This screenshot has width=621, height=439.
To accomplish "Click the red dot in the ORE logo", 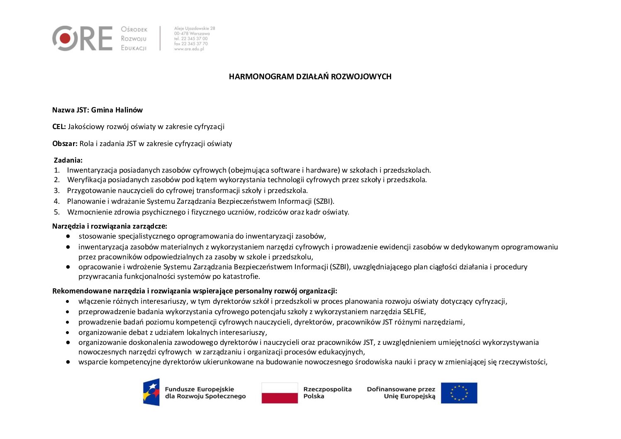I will click(x=65, y=39).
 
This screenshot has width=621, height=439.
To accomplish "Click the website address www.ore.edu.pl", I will click(x=189, y=49).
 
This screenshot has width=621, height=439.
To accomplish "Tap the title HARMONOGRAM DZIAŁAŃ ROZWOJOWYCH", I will click(x=310, y=76).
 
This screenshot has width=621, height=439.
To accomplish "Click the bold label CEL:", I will click(x=59, y=127).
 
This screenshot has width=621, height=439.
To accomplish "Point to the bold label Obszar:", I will click(x=65, y=144).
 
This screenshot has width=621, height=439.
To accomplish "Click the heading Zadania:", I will click(x=68, y=160).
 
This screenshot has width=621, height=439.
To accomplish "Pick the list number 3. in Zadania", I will click(x=57, y=190).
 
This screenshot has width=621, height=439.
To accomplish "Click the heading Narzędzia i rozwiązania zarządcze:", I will click(x=110, y=226).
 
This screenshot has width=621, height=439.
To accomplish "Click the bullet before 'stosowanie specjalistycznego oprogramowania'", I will click(x=68, y=236).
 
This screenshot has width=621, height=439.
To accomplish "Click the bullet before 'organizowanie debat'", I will click(x=68, y=332).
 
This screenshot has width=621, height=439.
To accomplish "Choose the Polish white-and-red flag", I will click(x=280, y=393).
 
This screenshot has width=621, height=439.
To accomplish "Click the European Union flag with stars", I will click(x=459, y=393).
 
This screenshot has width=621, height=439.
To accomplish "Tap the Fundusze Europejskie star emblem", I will click(x=151, y=392).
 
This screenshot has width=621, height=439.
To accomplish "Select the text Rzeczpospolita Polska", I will click(x=327, y=393).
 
